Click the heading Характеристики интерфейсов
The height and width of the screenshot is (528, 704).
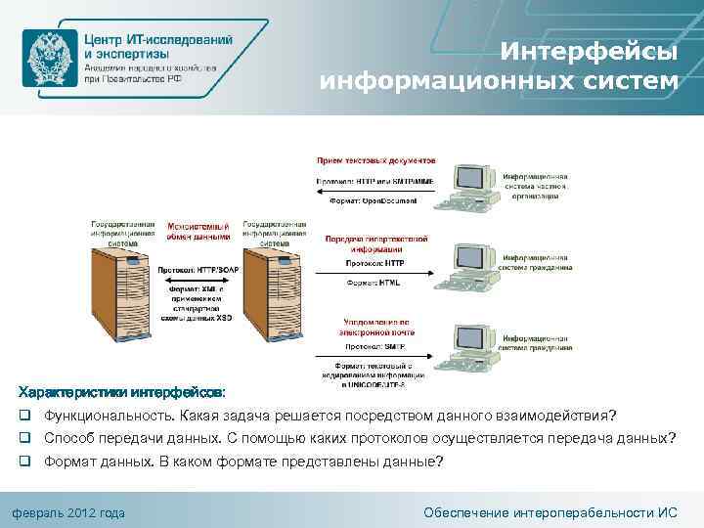(116, 391)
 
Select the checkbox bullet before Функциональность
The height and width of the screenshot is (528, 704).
(22, 415)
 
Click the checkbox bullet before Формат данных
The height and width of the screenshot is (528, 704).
(22, 461)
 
